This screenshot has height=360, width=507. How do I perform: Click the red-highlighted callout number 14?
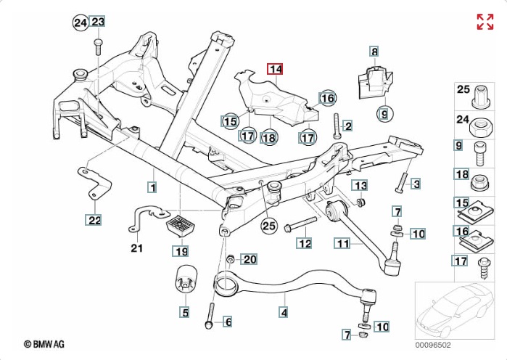(x=275, y=70)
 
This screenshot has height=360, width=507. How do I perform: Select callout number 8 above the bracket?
(x=374, y=52)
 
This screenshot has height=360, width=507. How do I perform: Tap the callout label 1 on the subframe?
(x=152, y=187)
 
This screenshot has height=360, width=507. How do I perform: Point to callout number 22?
(x=95, y=219)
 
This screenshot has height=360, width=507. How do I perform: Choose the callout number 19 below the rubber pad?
(x=180, y=251)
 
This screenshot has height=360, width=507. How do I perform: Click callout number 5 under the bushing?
(x=185, y=313)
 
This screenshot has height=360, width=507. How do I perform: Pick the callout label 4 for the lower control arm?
(x=284, y=313)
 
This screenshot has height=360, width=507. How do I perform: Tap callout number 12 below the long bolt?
(x=305, y=244)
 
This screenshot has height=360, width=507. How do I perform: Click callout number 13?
(x=360, y=186)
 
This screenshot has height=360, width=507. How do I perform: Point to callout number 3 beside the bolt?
(x=416, y=184)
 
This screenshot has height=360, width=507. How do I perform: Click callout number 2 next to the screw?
(x=347, y=126)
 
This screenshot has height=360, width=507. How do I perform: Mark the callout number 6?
(x=227, y=322)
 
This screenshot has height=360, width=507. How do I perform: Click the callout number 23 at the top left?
(x=98, y=22)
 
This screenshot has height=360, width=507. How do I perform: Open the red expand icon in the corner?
(x=485, y=22)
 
